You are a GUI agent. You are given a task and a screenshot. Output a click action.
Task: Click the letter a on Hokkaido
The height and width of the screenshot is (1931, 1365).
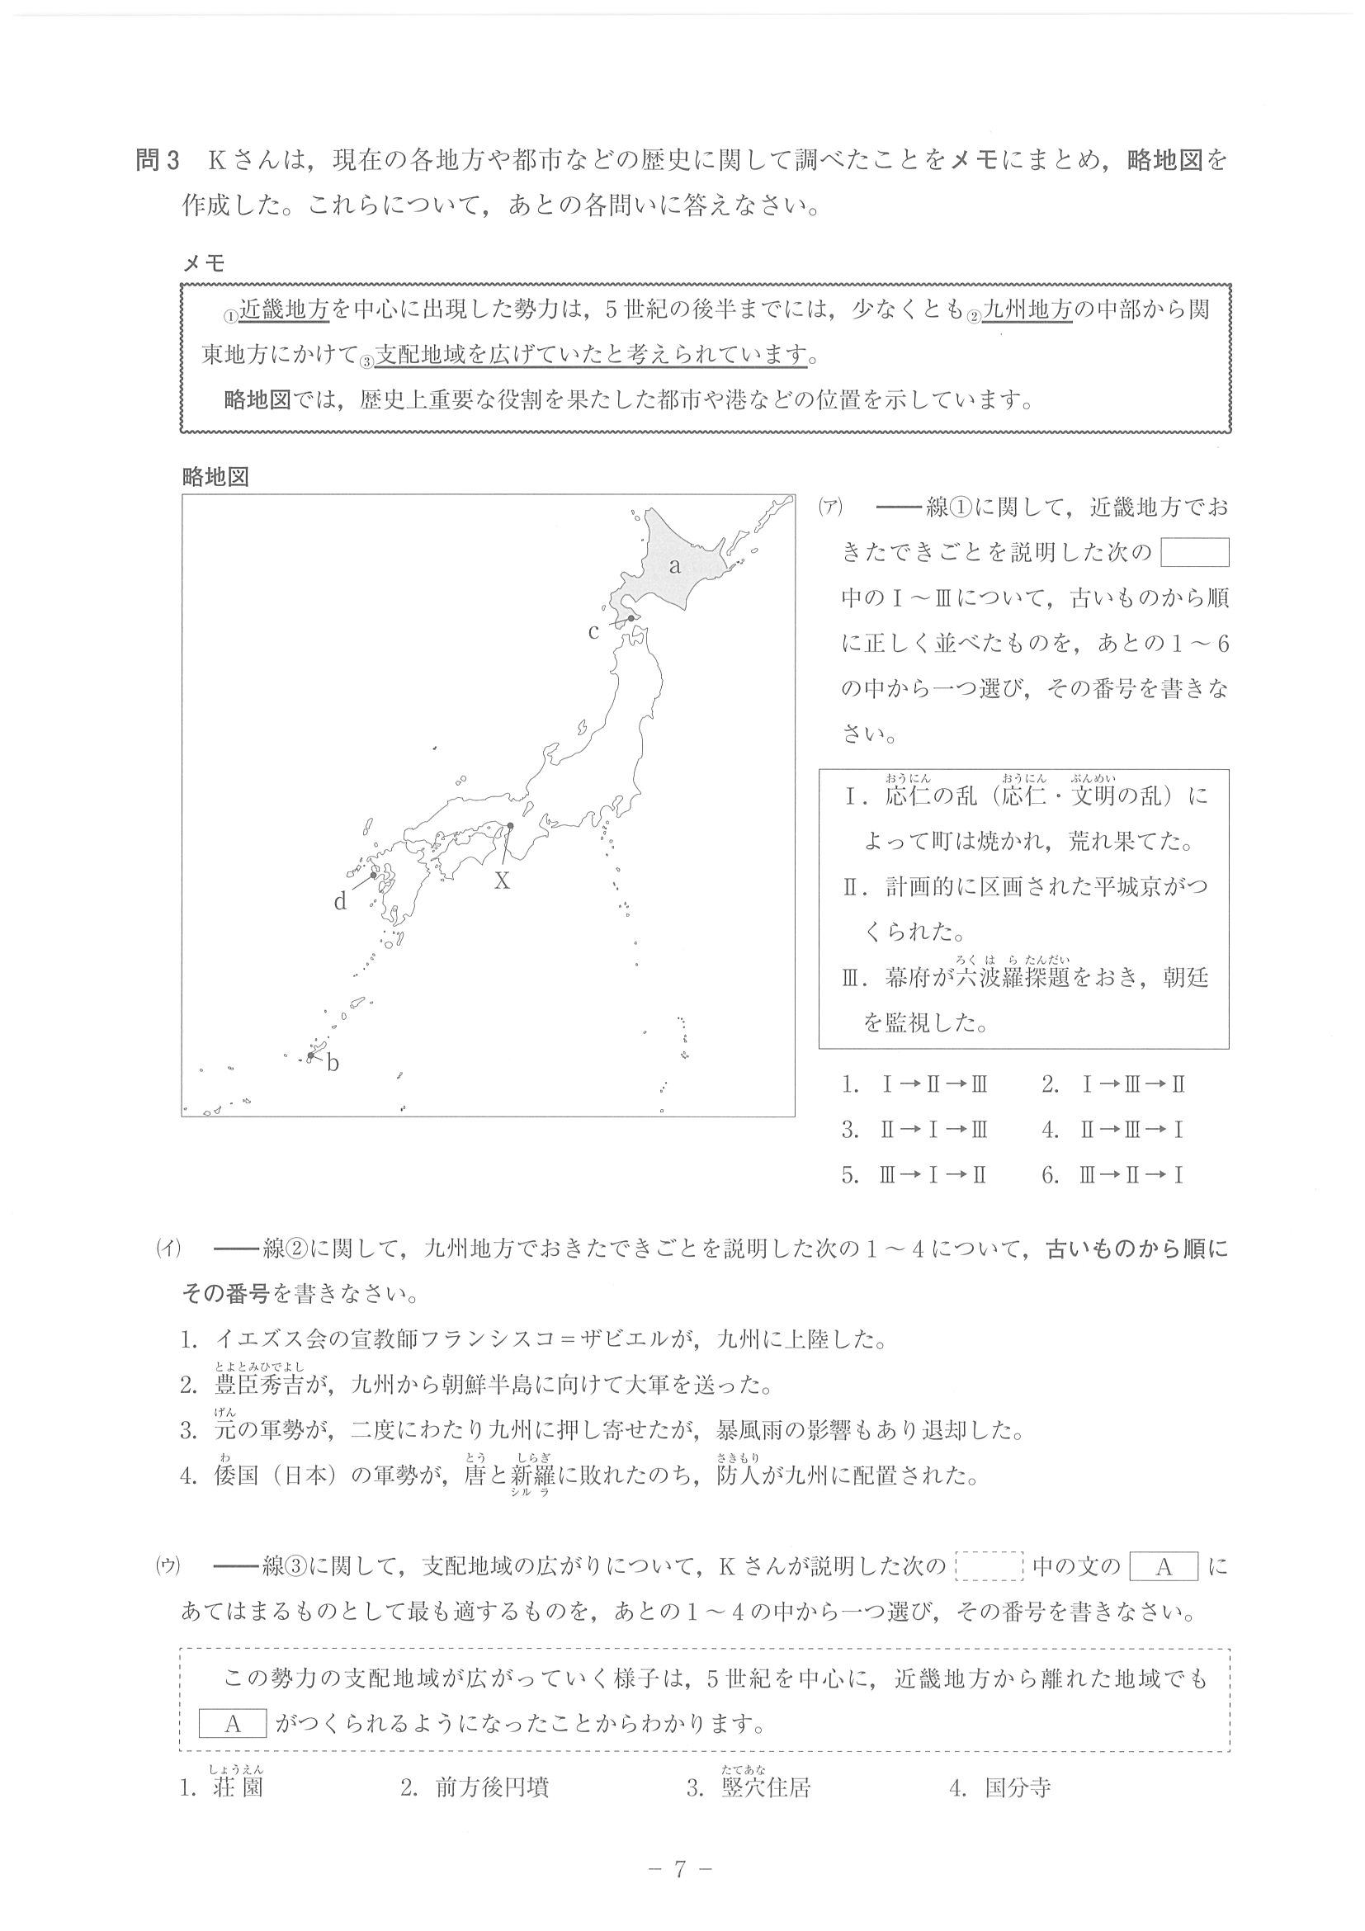tap(674, 566)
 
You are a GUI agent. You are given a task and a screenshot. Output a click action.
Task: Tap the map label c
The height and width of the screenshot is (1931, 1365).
tap(593, 631)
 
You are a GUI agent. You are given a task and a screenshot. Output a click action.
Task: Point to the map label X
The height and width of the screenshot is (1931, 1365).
tap(501, 881)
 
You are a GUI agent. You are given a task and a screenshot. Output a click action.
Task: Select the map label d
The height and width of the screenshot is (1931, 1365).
tap(340, 903)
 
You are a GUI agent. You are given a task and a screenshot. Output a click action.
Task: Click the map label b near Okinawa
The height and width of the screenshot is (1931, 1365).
tap(333, 1064)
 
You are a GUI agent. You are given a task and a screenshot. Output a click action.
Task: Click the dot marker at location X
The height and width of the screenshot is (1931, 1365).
tap(510, 826)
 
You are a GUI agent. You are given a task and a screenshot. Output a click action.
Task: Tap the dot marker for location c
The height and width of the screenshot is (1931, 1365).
tap(631, 618)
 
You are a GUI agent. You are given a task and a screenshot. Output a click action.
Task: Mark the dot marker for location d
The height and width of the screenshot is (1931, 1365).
tap(373, 876)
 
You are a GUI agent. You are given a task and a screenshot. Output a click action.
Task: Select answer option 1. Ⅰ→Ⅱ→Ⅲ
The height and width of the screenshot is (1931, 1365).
tap(915, 1084)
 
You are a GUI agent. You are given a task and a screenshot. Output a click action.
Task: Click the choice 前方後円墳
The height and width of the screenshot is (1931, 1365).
tap(492, 1787)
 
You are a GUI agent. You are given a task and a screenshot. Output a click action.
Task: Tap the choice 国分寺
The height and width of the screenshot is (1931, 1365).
tap(1018, 1787)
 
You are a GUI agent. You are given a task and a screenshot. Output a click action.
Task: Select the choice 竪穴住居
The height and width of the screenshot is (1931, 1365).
tap(765, 1787)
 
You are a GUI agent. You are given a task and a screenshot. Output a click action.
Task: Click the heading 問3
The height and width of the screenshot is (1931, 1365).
tap(158, 160)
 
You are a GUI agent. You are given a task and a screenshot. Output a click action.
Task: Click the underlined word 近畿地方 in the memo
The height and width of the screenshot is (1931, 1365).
tap(283, 310)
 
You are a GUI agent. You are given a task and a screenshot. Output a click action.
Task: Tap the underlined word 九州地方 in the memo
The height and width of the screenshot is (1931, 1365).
tap(1027, 310)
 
